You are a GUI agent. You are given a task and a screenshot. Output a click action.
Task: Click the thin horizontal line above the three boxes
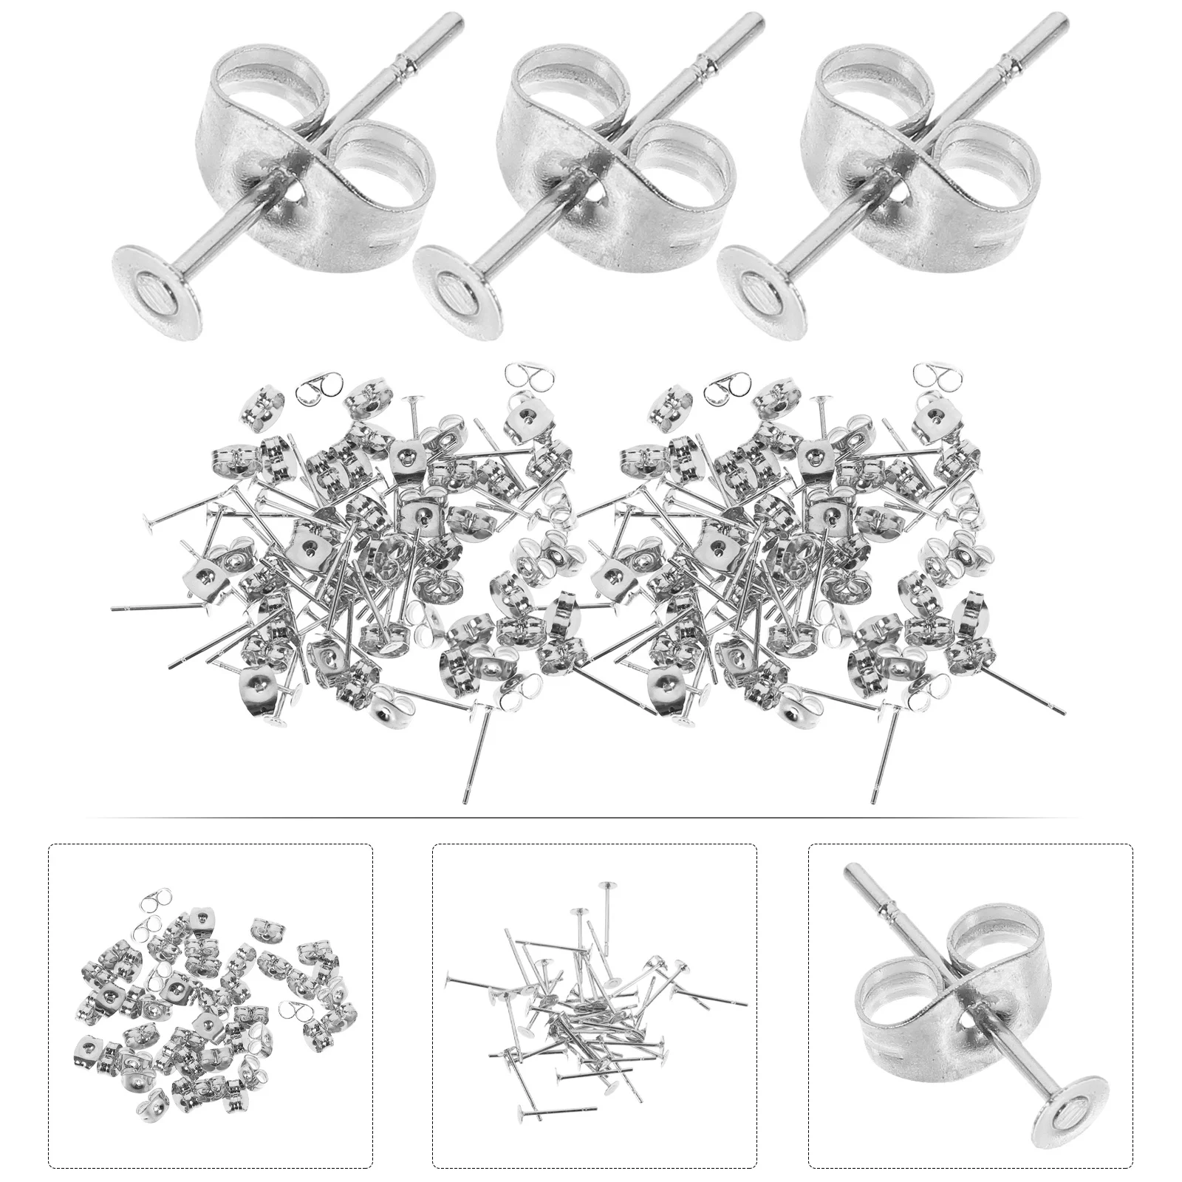point(591,818)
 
